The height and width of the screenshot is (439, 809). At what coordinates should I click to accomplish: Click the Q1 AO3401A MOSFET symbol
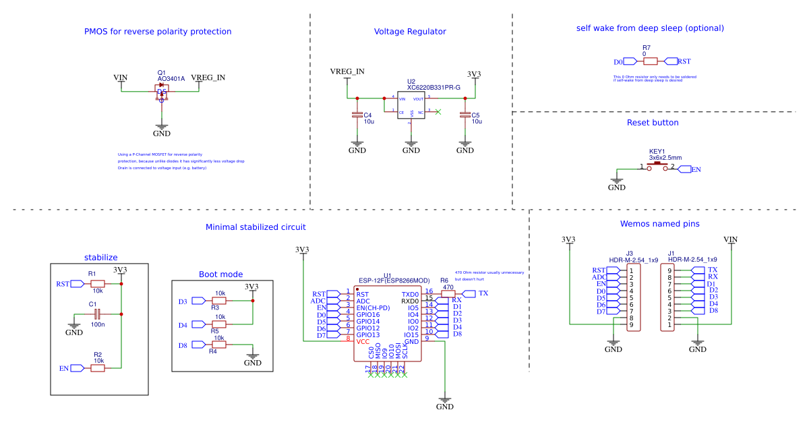coord(162,93)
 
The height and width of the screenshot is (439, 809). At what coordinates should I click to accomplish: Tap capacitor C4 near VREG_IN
coord(358,116)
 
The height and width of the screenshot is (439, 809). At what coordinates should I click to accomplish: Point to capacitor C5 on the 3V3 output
coord(465,116)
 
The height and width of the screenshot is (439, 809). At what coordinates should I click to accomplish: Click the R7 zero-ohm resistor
coord(650,61)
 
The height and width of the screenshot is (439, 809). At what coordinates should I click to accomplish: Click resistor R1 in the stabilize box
coord(98,284)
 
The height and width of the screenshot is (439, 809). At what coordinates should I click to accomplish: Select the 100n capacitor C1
coord(96,314)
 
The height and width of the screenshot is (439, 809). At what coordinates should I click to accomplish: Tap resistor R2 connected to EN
coord(98,368)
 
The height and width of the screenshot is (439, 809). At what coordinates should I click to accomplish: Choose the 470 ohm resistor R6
coord(448,293)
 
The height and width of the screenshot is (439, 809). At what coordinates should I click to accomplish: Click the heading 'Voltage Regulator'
coord(410,32)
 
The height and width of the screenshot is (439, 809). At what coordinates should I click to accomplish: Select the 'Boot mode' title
coord(220,274)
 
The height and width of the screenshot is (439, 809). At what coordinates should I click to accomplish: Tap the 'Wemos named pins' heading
coord(659,224)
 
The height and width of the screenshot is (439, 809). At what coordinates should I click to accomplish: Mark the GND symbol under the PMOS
coord(161,129)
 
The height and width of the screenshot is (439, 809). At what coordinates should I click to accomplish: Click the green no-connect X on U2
coord(438,111)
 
